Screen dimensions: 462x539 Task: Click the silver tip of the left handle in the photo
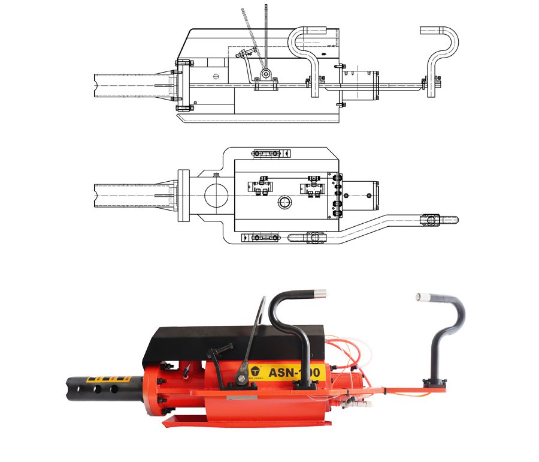pyautogui.click(x=321, y=294)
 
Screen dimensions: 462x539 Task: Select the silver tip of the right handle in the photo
pyautogui.click(x=420, y=296)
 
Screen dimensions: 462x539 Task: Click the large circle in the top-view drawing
pyautogui.click(x=215, y=196)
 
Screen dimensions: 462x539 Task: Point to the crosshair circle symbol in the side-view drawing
pyautogui.click(x=216, y=76)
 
